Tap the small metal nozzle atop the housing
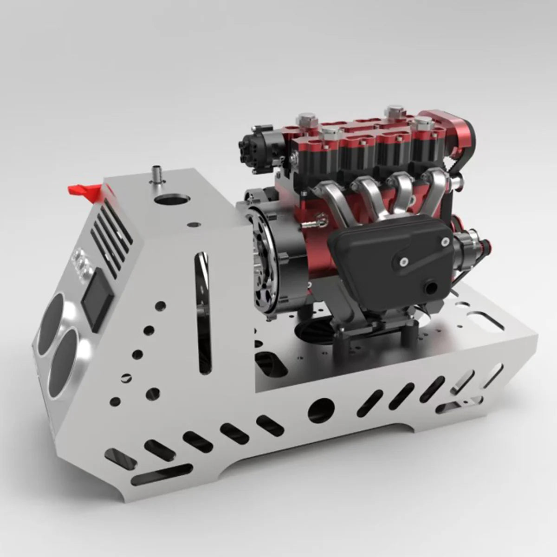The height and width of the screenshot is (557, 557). click(x=157, y=177)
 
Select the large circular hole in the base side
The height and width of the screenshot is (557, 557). click(x=321, y=410)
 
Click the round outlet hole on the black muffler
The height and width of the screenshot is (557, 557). click(x=432, y=288)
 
